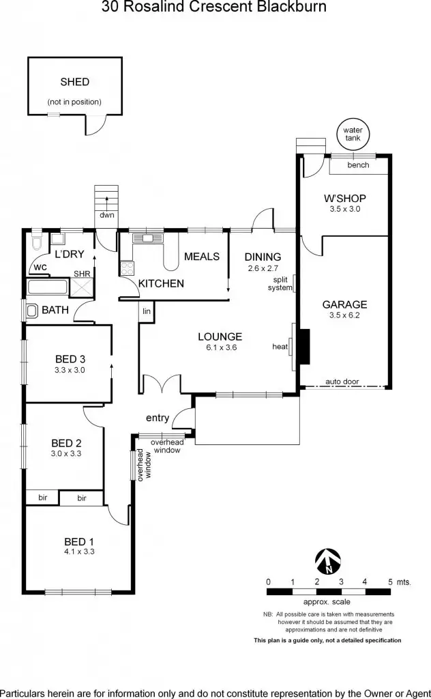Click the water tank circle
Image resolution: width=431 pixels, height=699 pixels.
[353, 133]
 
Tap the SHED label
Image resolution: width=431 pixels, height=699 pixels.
[74, 82]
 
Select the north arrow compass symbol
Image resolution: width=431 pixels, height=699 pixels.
[328, 562]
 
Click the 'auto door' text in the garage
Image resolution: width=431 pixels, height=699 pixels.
[342, 382]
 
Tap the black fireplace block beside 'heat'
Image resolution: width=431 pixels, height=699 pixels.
[304, 346]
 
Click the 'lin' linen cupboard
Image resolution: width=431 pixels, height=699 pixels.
[147, 311]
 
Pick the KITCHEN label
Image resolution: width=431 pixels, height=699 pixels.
[161, 283]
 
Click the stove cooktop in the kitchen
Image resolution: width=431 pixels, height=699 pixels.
[127, 269]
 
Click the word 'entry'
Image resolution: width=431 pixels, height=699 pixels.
[158, 418]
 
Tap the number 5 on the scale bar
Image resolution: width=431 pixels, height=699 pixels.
[390, 582]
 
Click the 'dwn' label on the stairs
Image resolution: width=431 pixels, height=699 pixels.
[106, 216]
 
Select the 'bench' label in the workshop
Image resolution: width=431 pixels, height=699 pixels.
[358, 165]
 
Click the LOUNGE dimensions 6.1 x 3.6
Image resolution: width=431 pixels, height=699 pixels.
[220, 347]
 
